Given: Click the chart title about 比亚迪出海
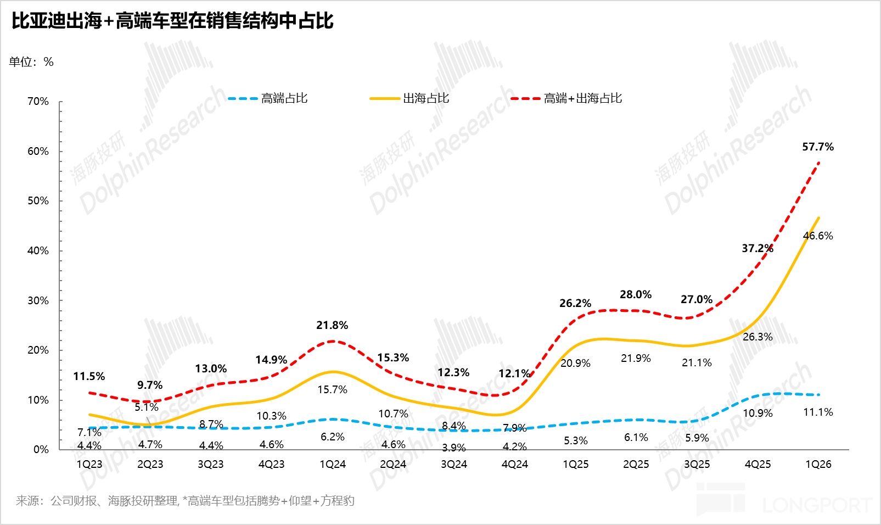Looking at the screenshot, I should point(172,21).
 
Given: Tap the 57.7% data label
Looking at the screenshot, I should point(817,147).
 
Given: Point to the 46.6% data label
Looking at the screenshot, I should point(817,236).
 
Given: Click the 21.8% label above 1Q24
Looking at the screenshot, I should point(332,325).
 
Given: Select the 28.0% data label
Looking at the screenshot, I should point(636,294).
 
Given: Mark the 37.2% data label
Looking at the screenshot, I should point(757,248).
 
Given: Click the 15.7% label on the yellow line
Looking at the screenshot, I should point(332,389).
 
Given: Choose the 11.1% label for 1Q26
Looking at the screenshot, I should point(817,412).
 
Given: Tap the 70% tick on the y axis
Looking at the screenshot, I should point(38,102).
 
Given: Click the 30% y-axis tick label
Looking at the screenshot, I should point(38,300).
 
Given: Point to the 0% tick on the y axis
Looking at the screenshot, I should point(41,450).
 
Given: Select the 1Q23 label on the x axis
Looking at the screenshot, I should point(89,464).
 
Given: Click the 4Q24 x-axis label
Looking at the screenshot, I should point(514,464).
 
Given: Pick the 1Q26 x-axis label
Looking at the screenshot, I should point(818,464).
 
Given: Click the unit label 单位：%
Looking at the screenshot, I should point(31,62).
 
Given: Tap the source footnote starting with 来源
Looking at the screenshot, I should point(185,500).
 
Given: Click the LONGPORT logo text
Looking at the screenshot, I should point(816,505).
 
